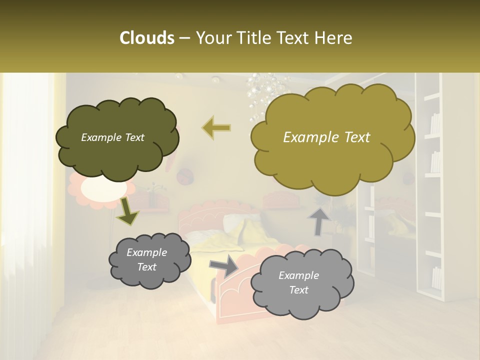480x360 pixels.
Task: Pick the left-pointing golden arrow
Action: [216, 127]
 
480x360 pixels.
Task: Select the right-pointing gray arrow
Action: [223, 266]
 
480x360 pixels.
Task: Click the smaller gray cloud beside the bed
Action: [149, 260]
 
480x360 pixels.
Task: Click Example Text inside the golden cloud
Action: [326, 137]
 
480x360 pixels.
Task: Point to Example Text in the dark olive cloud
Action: [112, 137]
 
